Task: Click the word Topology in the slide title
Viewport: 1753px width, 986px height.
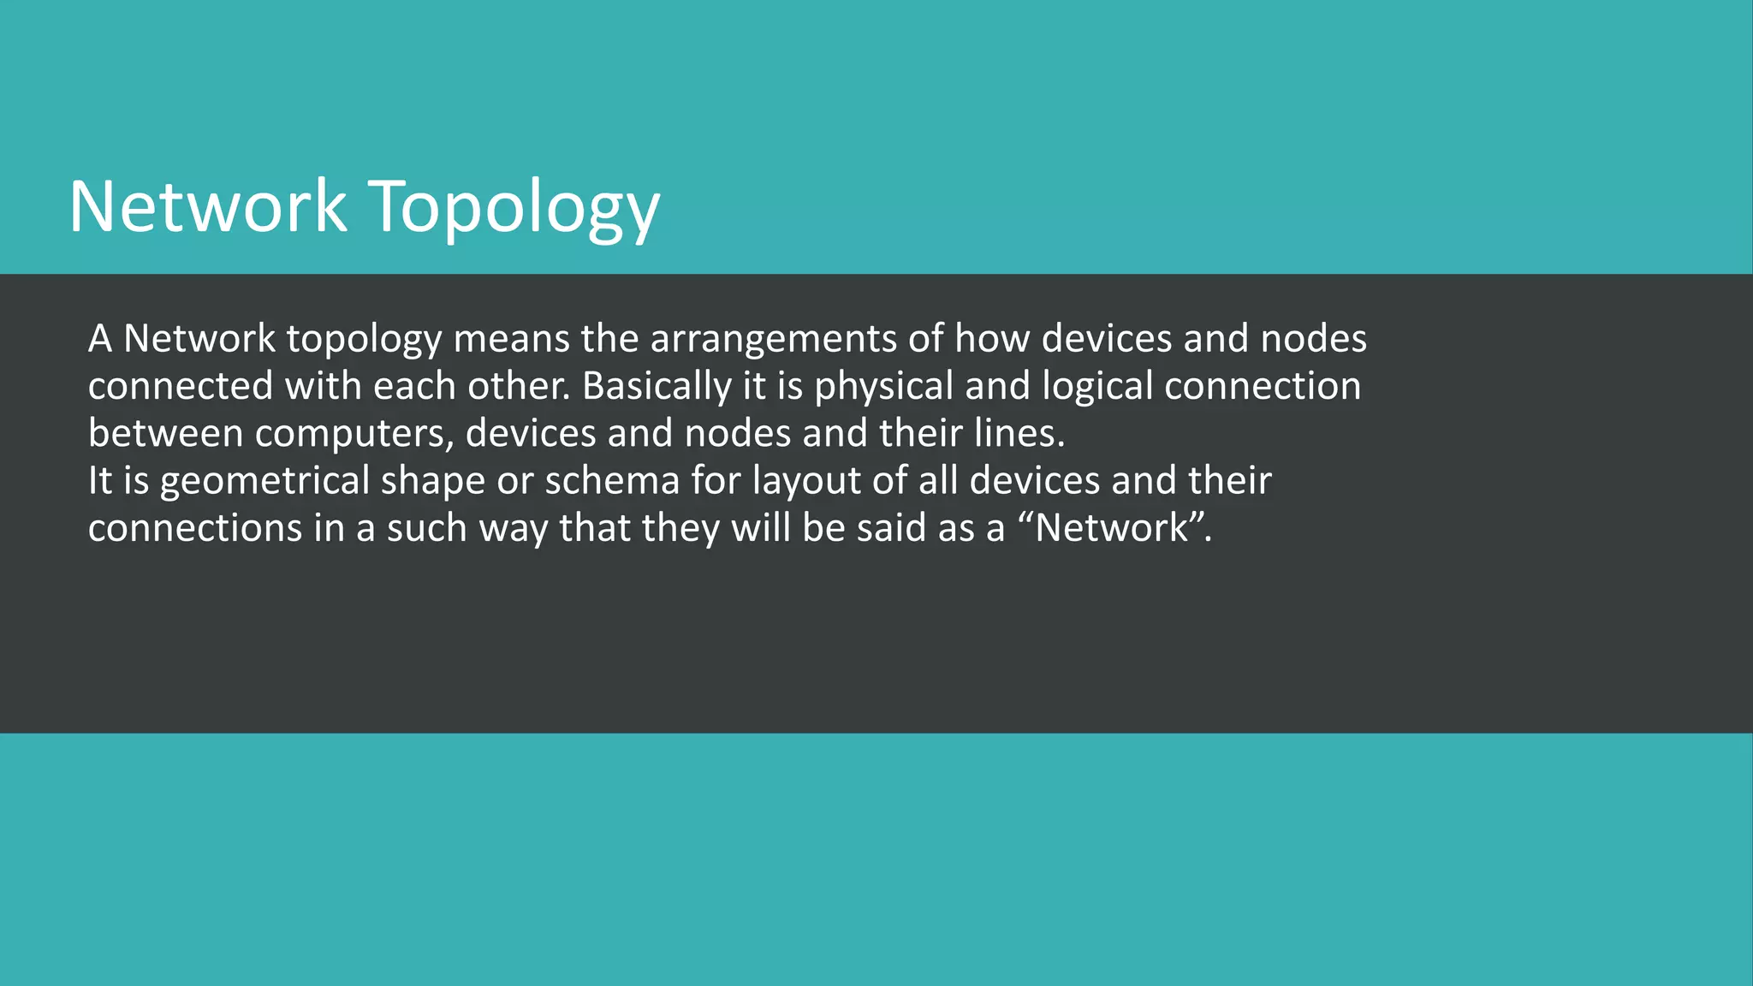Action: tap(514, 208)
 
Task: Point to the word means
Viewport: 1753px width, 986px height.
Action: tap(511, 339)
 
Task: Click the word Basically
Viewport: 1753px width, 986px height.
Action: tap(657, 387)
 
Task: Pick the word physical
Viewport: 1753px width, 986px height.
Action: tap(883, 387)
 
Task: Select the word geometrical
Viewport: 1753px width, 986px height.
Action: tap(264, 481)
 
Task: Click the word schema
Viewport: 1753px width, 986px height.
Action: tap(612, 481)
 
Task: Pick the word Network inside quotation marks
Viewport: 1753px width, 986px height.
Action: tap(1113, 528)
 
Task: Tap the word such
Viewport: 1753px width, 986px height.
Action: tap(427, 528)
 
